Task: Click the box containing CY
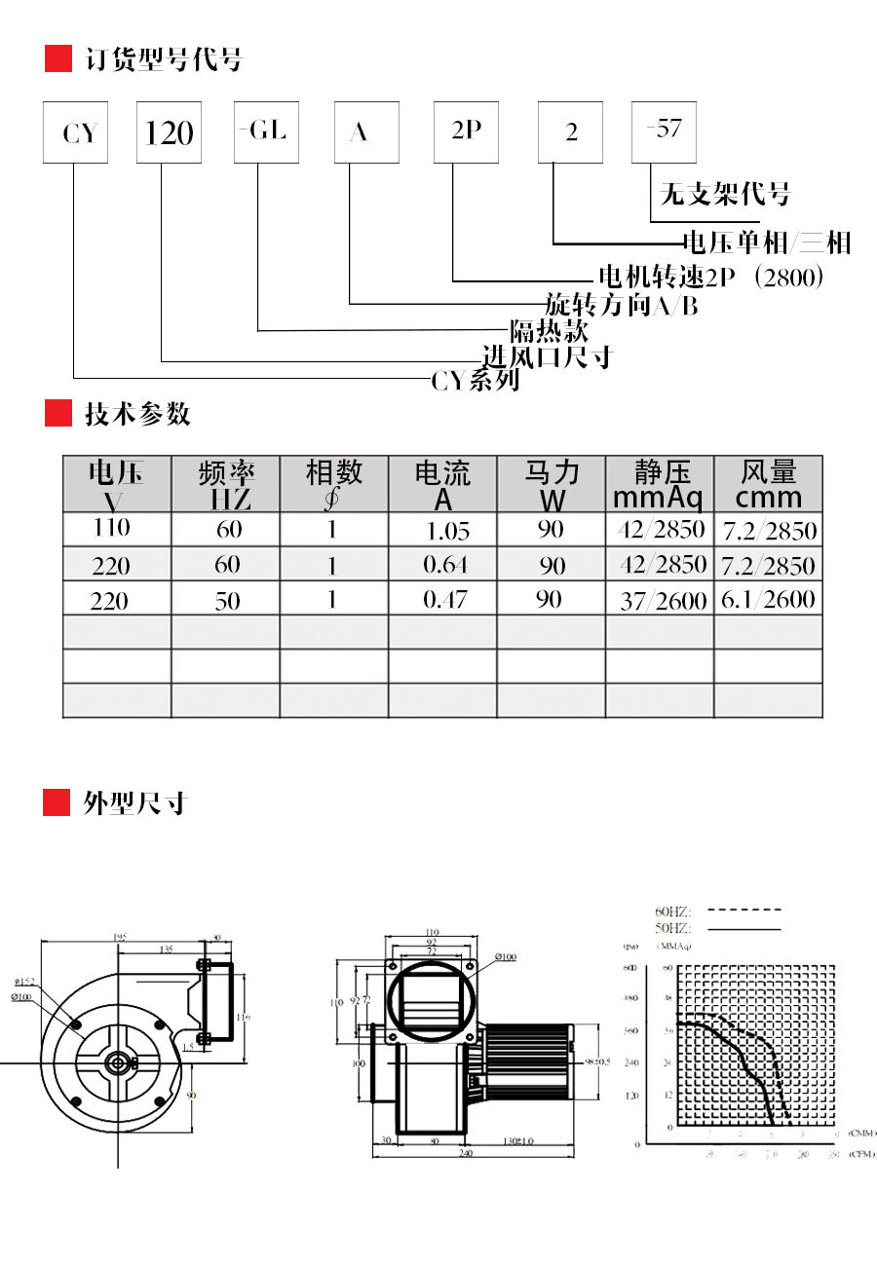[x=75, y=132]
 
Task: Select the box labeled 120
[x=169, y=132]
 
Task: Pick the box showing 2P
[x=466, y=132]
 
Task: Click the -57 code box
[x=664, y=132]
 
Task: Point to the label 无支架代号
[x=724, y=194]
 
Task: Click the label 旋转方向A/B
[x=621, y=305]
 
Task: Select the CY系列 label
[x=476, y=381]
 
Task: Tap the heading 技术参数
[x=137, y=414]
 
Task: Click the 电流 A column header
[x=442, y=484]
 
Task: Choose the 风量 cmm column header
[x=768, y=484]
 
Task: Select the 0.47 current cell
[x=444, y=599]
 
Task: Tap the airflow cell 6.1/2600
[x=768, y=599]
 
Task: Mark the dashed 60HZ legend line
[x=744, y=910]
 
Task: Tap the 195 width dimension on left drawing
[x=120, y=937]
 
